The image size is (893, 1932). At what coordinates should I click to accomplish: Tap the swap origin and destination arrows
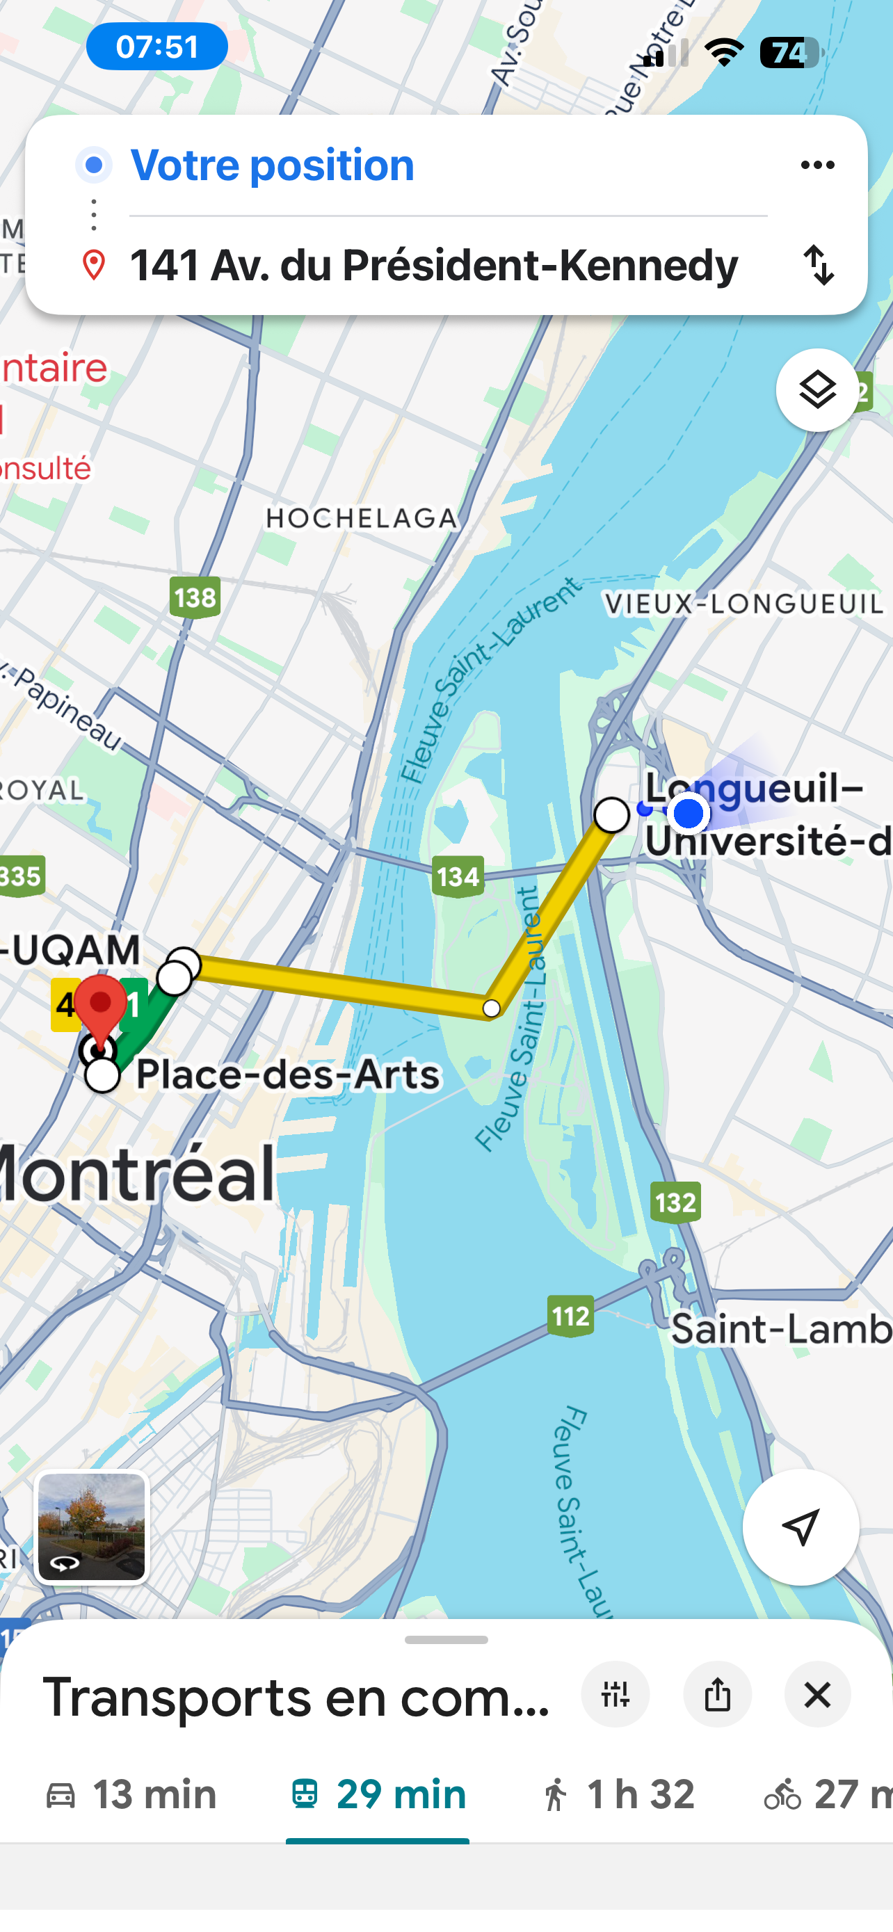(818, 265)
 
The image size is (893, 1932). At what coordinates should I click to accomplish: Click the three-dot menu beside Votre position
(817, 165)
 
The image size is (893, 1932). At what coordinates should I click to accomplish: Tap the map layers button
(816, 390)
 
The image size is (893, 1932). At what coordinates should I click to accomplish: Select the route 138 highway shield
(195, 597)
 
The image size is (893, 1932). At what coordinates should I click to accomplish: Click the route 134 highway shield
(458, 876)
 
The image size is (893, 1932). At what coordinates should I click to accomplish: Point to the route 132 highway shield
(675, 1202)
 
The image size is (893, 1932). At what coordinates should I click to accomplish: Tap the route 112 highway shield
(570, 1316)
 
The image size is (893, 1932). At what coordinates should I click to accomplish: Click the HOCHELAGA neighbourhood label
(362, 518)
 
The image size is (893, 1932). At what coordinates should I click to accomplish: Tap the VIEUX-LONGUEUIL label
(743, 604)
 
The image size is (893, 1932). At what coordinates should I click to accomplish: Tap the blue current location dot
(689, 814)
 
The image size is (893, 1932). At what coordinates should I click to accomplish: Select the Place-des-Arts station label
(288, 1074)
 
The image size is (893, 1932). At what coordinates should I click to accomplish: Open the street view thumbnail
(92, 1527)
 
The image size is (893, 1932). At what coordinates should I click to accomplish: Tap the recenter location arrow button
(800, 1527)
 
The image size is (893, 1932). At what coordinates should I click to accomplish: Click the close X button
(817, 1695)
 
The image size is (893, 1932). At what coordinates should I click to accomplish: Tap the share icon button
(717, 1695)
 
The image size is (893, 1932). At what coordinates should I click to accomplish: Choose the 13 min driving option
(131, 1795)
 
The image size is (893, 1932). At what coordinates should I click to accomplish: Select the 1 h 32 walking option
(618, 1795)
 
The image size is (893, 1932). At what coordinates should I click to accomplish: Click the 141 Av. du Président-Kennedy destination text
(433, 266)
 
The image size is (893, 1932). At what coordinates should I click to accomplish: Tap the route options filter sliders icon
(616, 1695)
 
